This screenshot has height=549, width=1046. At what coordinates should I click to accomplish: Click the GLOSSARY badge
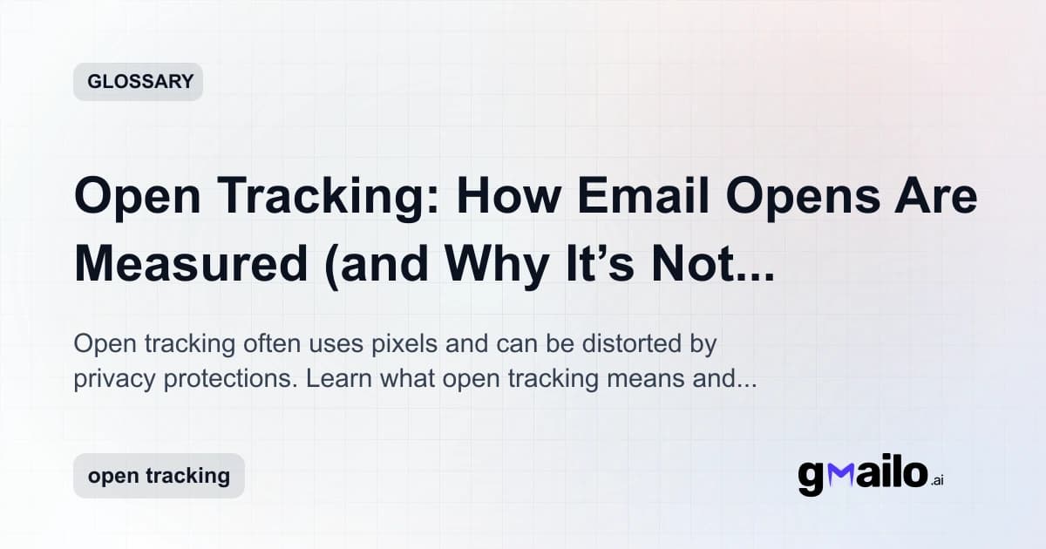click(x=138, y=82)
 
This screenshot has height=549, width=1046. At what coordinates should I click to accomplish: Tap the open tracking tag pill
click(x=159, y=476)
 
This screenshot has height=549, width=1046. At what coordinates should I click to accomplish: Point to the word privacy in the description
click(x=113, y=380)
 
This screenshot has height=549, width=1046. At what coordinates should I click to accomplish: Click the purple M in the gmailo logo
click(x=843, y=475)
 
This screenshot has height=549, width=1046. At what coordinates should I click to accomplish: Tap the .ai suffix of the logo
click(x=936, y=480)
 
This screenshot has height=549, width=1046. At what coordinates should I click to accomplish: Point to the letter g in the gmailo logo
click(x=812, y=478)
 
